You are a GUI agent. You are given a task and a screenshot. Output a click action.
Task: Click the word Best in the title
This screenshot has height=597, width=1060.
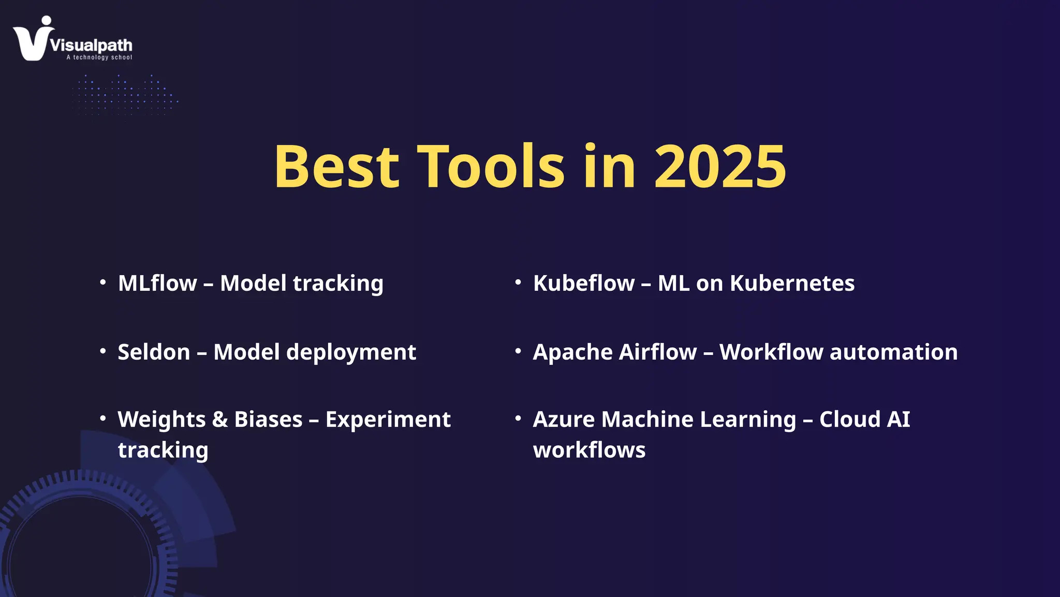336,167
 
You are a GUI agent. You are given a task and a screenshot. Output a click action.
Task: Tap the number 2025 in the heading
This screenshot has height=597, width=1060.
720,167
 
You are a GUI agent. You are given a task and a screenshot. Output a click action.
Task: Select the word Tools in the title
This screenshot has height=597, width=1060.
491,167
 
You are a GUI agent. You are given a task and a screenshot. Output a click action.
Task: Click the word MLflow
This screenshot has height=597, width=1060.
157,283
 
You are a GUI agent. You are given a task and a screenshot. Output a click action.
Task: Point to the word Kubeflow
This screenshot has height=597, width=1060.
584,283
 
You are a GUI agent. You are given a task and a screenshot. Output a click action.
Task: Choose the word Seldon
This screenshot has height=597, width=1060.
154,352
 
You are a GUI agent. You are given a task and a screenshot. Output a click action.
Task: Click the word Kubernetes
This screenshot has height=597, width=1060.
792,283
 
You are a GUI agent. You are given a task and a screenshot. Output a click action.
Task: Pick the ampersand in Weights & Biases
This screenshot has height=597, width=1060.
220,420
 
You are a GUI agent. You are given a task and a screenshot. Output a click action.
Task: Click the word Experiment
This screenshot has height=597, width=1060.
388,420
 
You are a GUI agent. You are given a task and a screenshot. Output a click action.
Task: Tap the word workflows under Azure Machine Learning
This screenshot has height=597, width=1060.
589,450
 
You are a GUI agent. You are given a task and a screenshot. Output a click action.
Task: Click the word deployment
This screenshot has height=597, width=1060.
351,352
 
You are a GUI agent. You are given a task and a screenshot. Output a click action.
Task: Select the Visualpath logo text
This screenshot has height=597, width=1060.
92,45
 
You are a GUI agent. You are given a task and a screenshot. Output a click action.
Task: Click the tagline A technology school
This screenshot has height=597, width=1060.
99,58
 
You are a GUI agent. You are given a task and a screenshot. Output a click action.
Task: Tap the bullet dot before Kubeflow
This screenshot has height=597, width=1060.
518,282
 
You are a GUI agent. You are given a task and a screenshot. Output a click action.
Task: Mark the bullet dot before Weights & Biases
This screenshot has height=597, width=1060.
103,418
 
